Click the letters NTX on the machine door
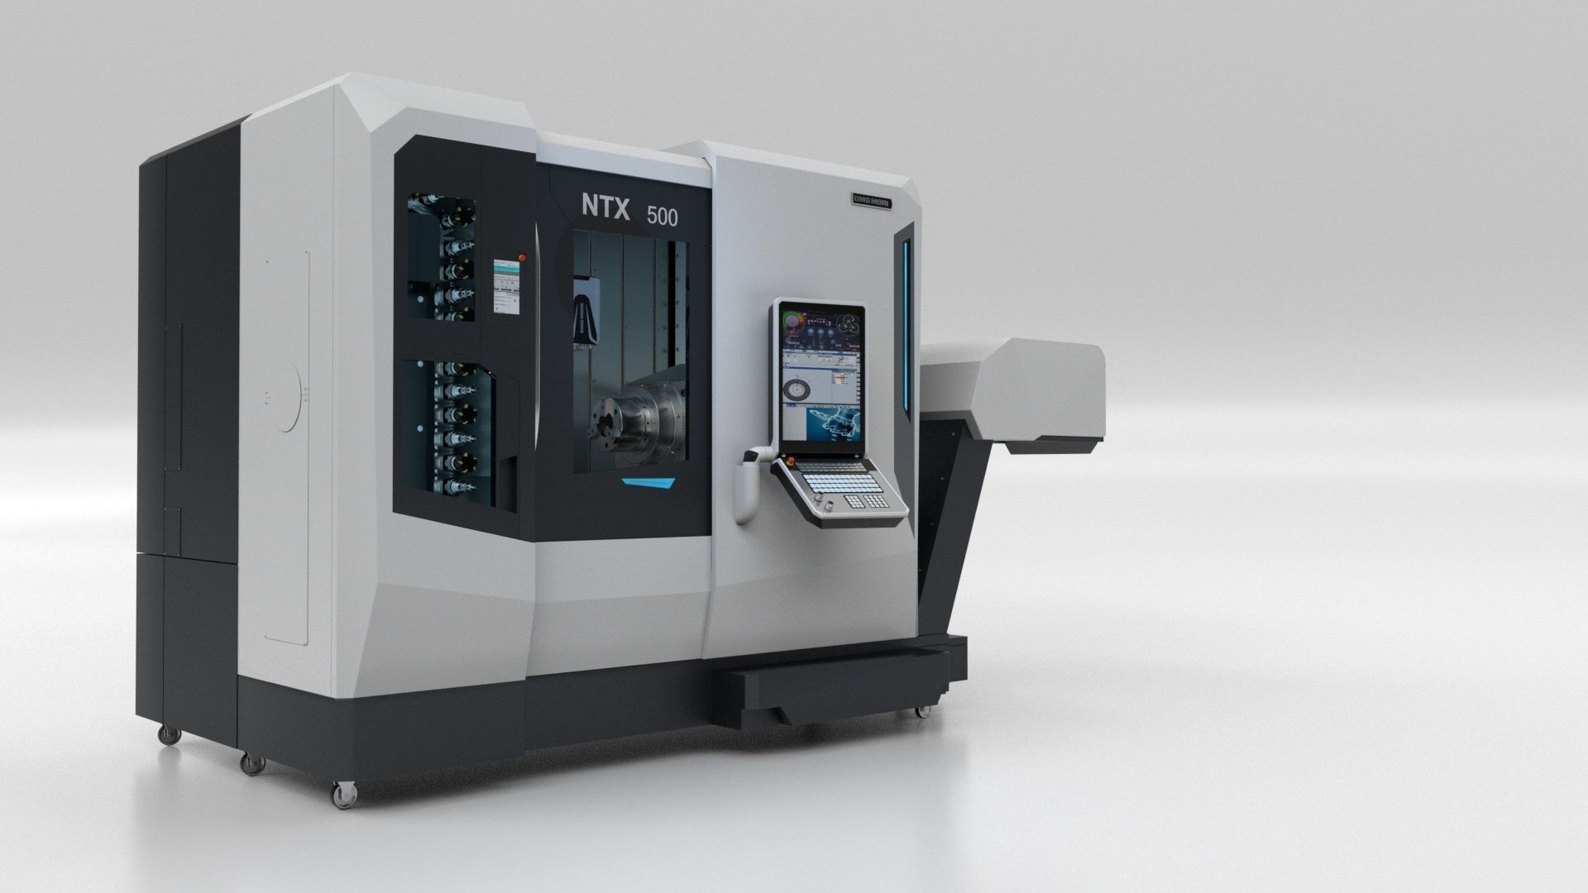coord(605,207)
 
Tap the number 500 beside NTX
coord(662,217)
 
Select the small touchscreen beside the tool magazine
coord(505,286)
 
